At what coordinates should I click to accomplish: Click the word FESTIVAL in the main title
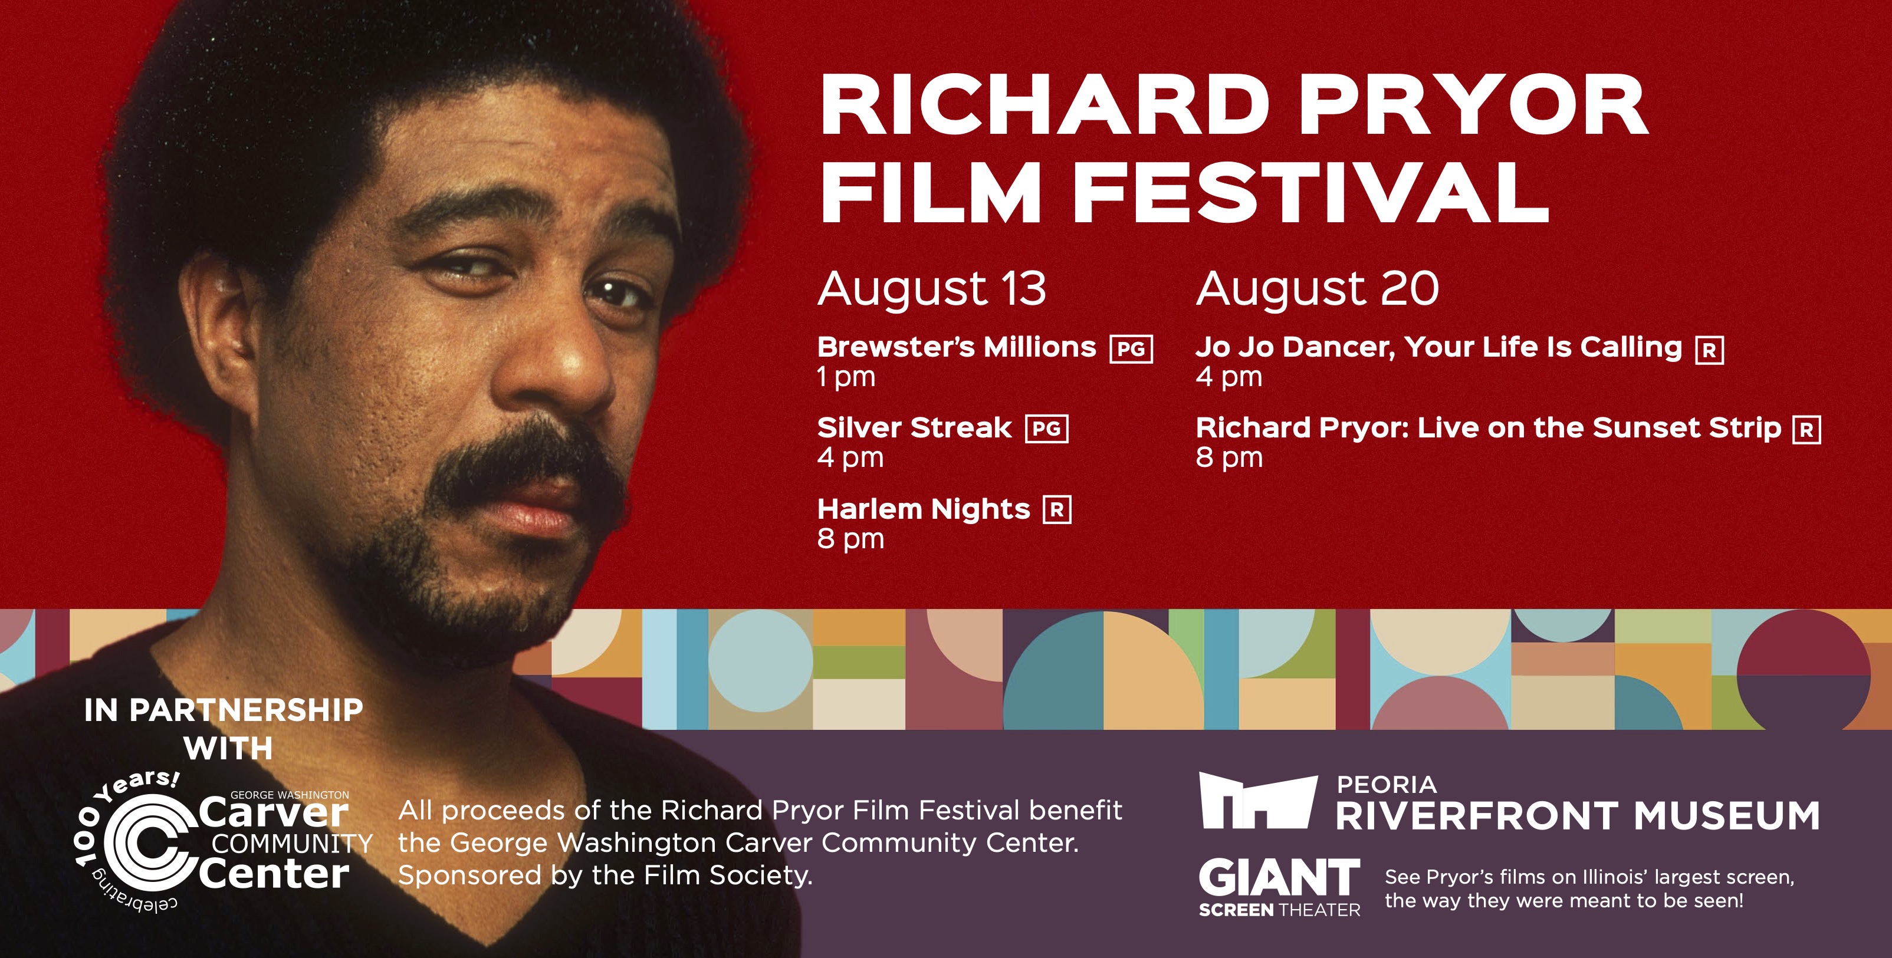tap(1311, 191)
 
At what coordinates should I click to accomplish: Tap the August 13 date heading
tap(931, 288)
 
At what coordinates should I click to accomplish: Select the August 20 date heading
tap(1317, 288)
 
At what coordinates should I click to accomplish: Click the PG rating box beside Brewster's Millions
tap(1131, 348)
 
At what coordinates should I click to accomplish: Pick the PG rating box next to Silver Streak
tap(1047, 429)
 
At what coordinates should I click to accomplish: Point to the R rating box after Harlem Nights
tap(1057, 509)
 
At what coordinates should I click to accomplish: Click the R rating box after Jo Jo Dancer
tap(1709, 350)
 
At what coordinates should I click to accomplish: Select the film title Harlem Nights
tap(923, 509)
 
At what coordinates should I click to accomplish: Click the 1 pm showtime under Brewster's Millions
tap(846, 377)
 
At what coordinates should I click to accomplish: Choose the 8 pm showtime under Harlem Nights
tap(850, 539)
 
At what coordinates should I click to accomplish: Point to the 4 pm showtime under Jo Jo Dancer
tap(1229, 377)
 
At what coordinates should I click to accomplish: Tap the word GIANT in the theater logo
tap(1279, 878)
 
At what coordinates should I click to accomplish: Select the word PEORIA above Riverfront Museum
tap(1387, 785)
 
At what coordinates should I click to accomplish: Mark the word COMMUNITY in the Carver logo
tap(291, 844)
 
